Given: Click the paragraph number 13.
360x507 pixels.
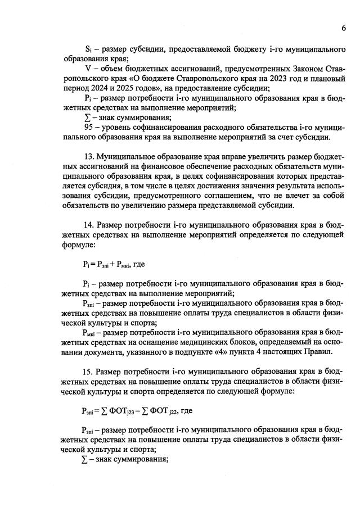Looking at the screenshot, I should pos(88,156).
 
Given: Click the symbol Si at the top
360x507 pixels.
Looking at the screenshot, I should pos(87,50).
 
